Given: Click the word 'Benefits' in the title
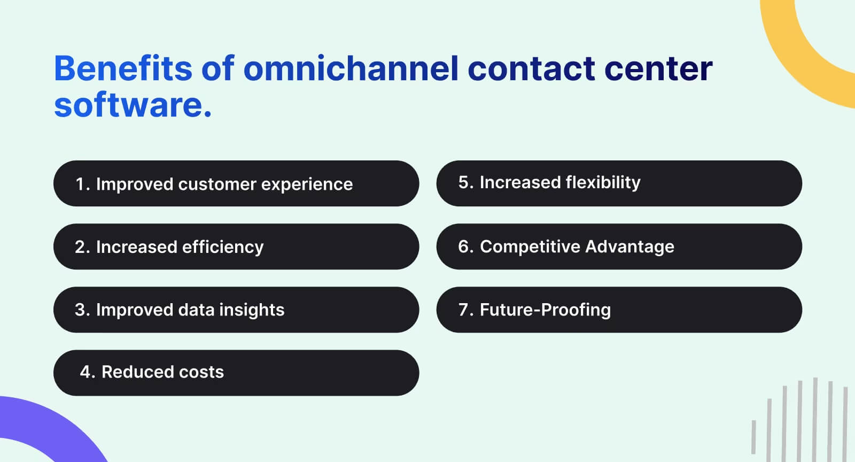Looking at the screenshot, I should point(123,68).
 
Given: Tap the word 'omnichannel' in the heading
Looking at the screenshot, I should point(351,68).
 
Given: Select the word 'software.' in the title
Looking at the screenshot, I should point(133,105).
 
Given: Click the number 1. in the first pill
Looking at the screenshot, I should point(83,184).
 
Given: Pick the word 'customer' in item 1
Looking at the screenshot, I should point(217,184).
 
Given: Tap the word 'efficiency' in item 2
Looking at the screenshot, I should point(222,247).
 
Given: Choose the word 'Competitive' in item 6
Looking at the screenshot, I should point(530,247).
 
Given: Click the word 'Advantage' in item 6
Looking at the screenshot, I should point(629,247).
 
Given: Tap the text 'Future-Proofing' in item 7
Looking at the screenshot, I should point(545,310).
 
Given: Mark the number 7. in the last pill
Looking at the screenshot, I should point(465,310).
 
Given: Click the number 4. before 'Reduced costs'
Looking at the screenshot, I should point(87,372).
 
